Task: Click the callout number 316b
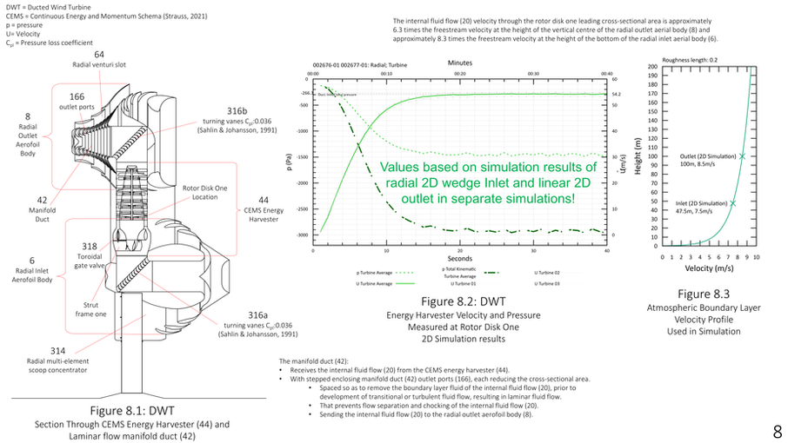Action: (237, 110)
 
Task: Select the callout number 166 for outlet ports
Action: (77, 96)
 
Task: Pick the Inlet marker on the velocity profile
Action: (732, 203)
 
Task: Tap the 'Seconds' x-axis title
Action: (460, 259)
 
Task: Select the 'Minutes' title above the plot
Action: (461, 63)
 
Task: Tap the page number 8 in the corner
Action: (776, 431)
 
